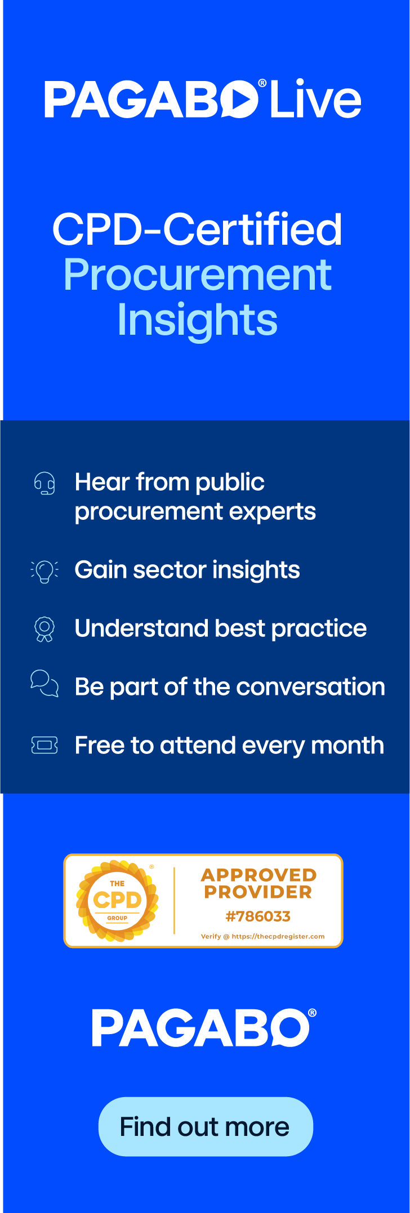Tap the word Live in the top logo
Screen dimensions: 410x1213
[316, 99]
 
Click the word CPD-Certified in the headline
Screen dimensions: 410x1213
[197, 230]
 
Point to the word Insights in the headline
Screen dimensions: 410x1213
[198, 320]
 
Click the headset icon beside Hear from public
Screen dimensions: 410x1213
[44, 483]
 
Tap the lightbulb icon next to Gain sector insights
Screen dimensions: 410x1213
[44, 572]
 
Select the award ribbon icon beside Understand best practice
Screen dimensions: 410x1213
[44, 630]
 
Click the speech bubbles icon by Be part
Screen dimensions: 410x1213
[44, 684]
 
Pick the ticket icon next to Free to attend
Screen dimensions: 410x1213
[44, 746]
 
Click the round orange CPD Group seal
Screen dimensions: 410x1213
[117, 901]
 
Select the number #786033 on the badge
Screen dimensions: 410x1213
[258, 917]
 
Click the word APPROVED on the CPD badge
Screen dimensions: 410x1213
[259, 875]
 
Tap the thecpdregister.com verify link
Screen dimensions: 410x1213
[278, 936]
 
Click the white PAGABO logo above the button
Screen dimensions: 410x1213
[204, 1028]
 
